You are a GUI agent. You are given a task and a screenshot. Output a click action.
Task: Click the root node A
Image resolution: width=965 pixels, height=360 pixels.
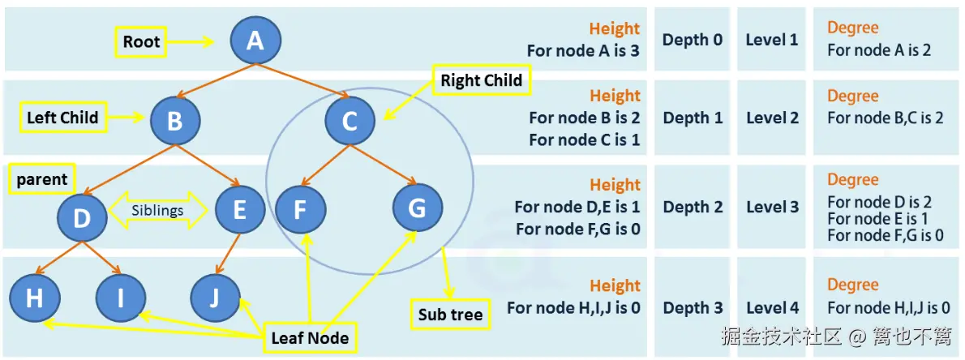point(255,41)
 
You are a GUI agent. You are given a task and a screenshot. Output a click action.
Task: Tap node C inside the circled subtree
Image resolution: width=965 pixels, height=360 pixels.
point(350,121)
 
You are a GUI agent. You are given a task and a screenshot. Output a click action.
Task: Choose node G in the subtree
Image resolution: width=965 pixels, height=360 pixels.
point(418,208)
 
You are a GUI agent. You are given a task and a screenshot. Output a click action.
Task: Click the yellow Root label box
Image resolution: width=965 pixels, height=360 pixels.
point(142,42)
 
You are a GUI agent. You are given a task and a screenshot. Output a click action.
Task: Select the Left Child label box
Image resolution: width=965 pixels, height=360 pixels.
point(62,118)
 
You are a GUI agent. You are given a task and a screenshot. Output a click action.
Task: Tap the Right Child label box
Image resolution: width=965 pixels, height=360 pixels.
point(482,80)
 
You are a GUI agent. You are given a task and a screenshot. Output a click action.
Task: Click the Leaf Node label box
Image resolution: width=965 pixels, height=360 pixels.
point(310,338)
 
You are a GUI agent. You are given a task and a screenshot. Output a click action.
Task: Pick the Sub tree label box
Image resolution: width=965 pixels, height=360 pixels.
point(451,315)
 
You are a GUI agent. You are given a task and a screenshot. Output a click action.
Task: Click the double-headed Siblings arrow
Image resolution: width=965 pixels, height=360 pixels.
point(158,210)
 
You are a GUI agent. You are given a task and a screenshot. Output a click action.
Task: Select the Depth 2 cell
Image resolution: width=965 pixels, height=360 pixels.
point(693,207)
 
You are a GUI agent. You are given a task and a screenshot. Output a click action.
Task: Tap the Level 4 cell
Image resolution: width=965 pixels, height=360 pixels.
point(773,307)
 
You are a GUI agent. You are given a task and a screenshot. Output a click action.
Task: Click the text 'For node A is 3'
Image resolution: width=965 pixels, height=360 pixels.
point(583,50)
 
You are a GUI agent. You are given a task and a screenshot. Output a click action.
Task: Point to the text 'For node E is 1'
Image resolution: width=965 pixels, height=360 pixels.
point(877,218)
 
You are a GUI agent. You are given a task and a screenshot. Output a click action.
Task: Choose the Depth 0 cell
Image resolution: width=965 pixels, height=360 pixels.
point(693,40)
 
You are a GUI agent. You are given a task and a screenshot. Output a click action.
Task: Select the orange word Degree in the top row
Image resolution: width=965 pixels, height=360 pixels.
point(852,28)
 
